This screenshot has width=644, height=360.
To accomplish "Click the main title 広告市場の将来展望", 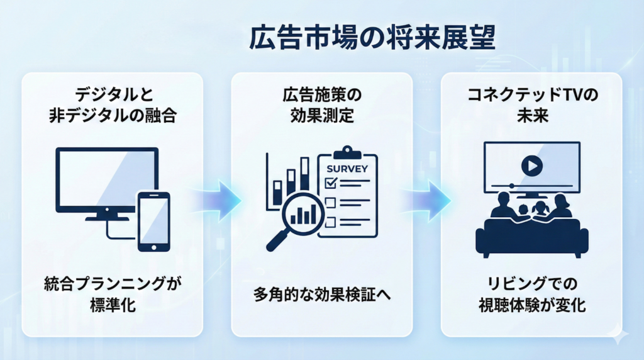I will [x=372, y=39].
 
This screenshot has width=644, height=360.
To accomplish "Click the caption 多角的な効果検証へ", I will [x=321, y=294].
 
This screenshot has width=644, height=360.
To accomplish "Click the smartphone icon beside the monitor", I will [x=153, y=220].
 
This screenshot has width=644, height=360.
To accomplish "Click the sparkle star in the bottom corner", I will [x=620, y=335].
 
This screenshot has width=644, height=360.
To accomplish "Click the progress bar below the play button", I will [x=531, y=186].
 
